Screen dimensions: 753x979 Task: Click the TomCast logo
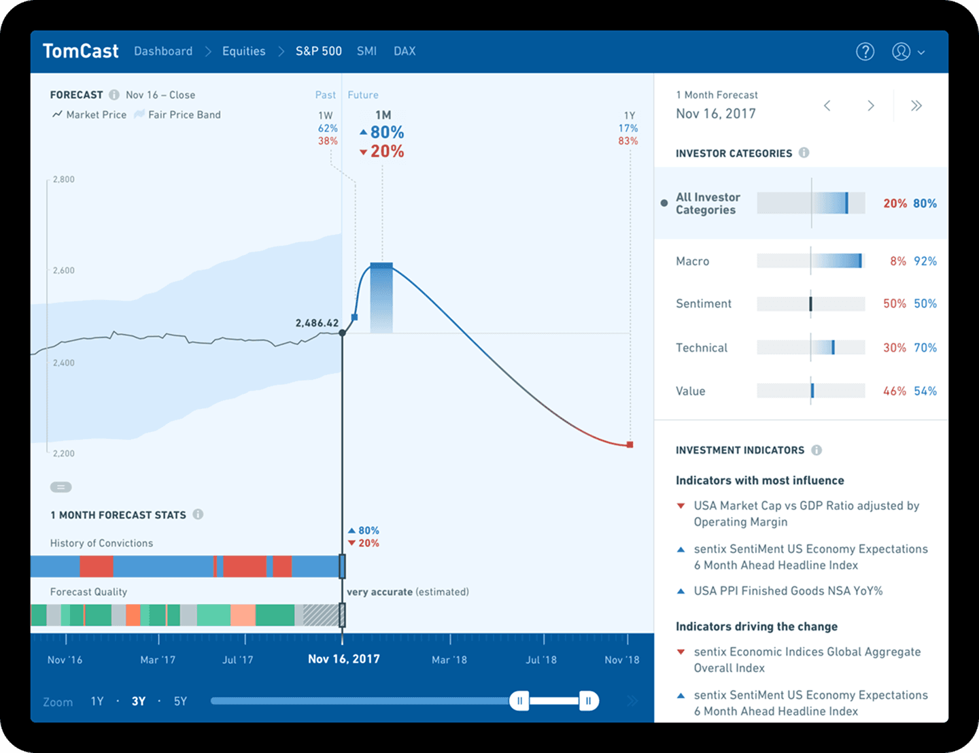click(80, 52)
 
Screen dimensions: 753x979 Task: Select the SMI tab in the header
click(366, 52)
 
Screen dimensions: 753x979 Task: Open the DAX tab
click(405, 52)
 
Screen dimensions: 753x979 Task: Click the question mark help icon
click(865, 52)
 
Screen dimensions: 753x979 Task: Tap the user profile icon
click(901, 52)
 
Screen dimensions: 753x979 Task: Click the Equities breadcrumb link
click(243, 52)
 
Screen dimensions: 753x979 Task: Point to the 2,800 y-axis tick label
click(64, 180)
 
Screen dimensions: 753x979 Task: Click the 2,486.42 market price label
click(317, 323)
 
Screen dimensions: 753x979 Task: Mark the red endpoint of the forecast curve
click(630, 445)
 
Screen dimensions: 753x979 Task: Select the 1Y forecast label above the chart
click(630, 116)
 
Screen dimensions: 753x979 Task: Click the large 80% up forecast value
click(387, 132)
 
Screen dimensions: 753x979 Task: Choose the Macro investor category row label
click(692, 261)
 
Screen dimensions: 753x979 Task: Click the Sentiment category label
click(704, 304)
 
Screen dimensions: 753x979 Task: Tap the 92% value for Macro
click(925, 261)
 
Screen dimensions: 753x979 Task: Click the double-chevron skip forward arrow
click(916, 105)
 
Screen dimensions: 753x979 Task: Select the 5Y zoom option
click(180, 701)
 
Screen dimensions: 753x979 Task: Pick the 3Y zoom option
click(139, 701)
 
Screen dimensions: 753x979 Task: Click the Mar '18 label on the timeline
click(449, 660)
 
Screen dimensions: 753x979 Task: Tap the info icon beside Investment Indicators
click(817, 450)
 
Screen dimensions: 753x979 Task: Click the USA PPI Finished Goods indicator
click(788, 591)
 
